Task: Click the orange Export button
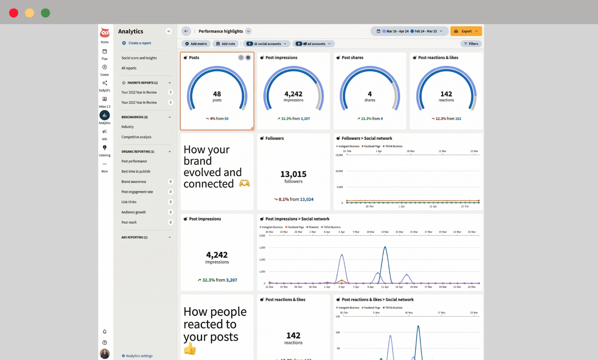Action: click(466, 31)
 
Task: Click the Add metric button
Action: click(196, 44)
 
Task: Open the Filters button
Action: click(471, 44)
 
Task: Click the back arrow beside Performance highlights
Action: click(186, 31)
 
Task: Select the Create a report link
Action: click(140, 43)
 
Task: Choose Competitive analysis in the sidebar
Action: click(136, 137)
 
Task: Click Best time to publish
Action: click(135, 171)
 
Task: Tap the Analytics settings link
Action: click(139, 356)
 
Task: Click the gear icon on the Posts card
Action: click(248, 57)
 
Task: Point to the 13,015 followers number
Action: click(293, 174)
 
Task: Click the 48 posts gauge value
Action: click(217, 94)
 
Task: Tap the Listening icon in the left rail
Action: click(105, 148)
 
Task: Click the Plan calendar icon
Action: click(105, 51)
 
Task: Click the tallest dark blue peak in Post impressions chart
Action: click(385, 247)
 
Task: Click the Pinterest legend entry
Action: click(313, 227)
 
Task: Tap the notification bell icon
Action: click(105, 332)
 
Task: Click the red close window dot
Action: click(14, 13)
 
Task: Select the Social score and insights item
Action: click(139, 58)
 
